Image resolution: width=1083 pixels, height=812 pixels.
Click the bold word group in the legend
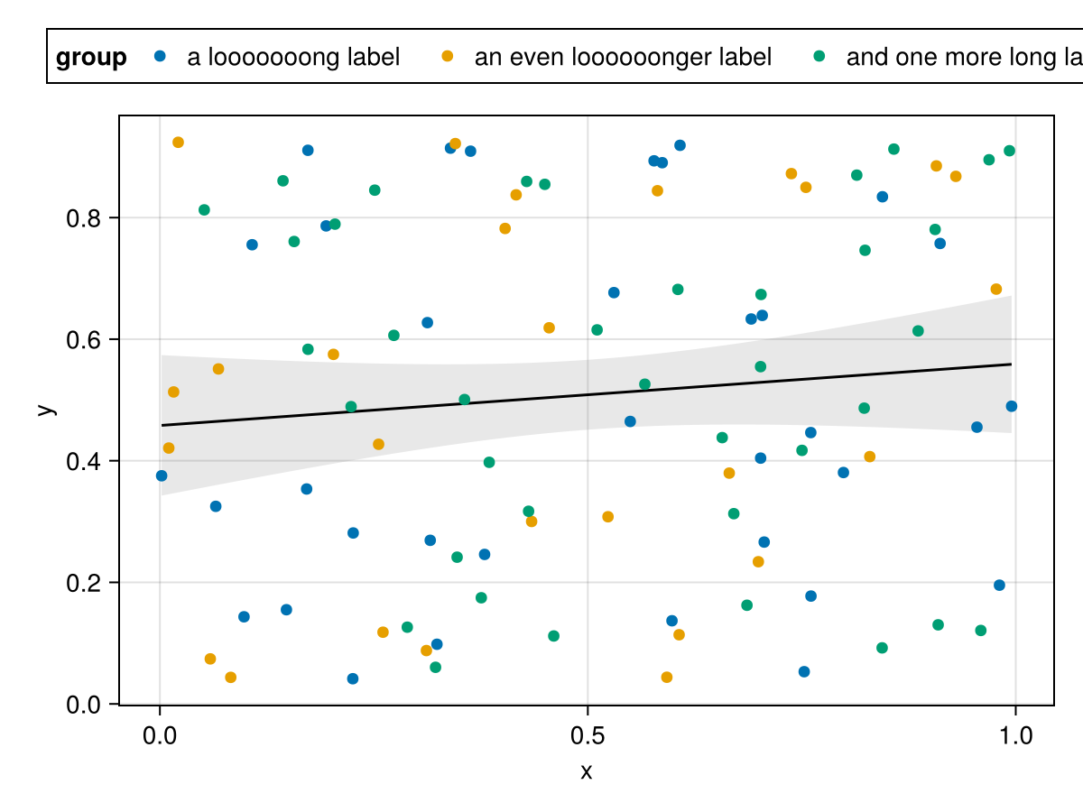pos(91,58)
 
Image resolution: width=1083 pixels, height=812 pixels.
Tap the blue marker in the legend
pos(161,57)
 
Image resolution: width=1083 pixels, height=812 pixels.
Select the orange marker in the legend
pos(447,57)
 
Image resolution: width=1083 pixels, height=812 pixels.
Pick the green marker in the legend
pos(819,57)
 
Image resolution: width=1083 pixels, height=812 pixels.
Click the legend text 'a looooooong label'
pos(293,58)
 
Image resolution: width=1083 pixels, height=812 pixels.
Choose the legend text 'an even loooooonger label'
pos(623,58)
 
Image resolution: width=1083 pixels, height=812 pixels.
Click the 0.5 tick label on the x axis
pos(588,736)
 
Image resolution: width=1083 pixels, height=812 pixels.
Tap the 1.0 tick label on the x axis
pos(1016,736)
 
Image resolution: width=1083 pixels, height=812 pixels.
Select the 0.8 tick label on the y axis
pos(84,218)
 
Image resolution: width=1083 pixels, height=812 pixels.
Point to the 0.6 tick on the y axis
pos(84,339)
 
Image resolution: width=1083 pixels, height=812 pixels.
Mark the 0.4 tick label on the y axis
pos(84,461)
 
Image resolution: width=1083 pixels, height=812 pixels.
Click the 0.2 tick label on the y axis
pos(84,583)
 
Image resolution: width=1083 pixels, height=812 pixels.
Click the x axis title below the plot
pos(587,772)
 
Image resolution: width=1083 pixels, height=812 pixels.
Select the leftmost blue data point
pos(162,475)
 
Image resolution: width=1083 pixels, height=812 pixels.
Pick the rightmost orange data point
pos(996,290)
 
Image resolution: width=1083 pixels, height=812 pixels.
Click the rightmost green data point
pos(1009,151)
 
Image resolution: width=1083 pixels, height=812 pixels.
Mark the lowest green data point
pos(435,668)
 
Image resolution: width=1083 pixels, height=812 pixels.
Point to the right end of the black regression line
pos(1011,364)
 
